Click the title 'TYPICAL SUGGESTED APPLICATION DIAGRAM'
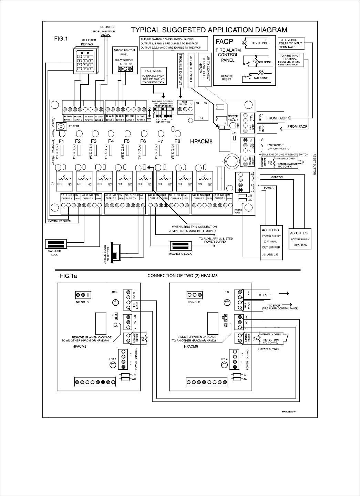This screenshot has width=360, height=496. (209, 30)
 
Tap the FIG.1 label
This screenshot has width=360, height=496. (61, 39)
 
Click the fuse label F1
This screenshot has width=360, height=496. (62, 141)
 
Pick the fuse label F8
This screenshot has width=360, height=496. (177, 141)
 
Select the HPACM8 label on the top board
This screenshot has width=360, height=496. (201, 141)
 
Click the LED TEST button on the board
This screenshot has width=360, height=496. (61, 126)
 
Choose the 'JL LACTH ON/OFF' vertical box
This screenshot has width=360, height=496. (191, 70)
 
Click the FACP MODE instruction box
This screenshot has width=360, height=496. (153, 76)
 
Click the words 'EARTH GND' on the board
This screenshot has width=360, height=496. (238, 211)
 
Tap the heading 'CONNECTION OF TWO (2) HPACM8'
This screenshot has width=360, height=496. (183, 276)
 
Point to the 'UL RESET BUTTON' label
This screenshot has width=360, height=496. (268, 349)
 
